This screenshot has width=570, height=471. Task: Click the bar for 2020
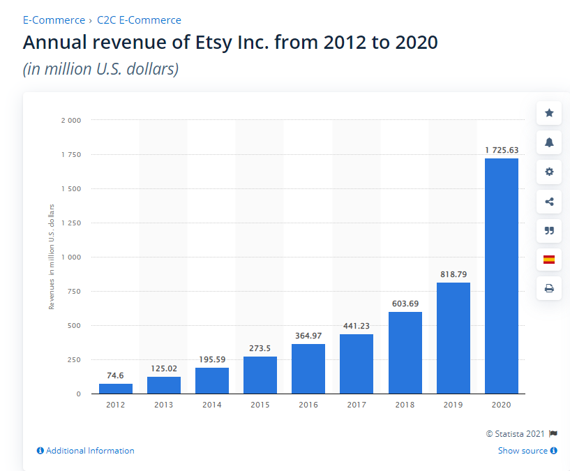502,276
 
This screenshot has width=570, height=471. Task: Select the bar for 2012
116,389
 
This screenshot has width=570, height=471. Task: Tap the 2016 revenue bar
308,368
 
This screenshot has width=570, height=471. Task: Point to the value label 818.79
453,274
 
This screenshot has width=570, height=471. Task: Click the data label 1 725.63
502,150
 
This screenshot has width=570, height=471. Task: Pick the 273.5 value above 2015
260,348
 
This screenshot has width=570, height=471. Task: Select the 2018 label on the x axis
405,405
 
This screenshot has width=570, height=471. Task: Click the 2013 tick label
164,405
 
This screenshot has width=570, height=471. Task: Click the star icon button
549,113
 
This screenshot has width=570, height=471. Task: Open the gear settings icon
549,172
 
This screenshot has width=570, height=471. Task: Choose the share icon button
549,202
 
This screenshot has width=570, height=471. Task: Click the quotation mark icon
549,231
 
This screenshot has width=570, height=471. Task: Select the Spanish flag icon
549,260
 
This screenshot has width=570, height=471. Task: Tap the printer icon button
549,288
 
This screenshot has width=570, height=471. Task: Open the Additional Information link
86,451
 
